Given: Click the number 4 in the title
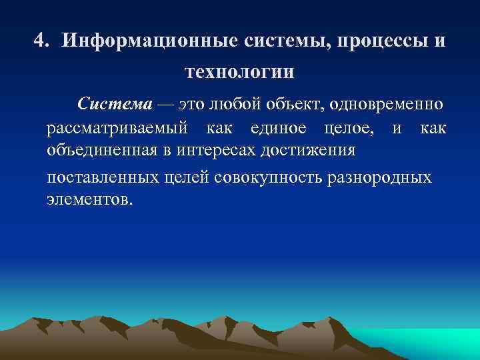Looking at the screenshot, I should coord(40,41).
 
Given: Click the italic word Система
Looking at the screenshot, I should coord(115,104).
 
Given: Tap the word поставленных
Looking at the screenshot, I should coord(103,178).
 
